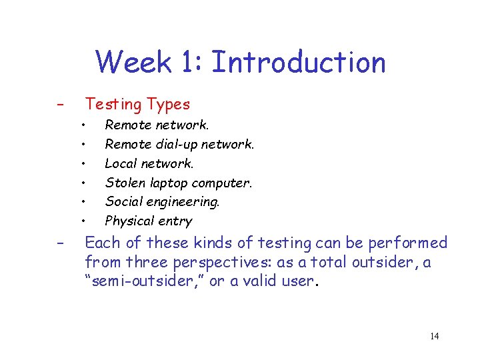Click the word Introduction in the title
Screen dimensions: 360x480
tap(298, 63)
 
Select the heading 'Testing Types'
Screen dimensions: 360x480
tap(137, 104)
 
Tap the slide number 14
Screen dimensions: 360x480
tap(434, 336)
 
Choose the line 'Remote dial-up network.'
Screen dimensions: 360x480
tap(179, 144)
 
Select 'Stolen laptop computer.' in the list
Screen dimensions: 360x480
tap(179, 183)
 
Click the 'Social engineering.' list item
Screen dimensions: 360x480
tap(162, 201)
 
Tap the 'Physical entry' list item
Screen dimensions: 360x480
tap(149, 221)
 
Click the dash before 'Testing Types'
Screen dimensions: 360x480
tap(60, 105)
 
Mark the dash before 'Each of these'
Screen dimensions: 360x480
tap(60, 243)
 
